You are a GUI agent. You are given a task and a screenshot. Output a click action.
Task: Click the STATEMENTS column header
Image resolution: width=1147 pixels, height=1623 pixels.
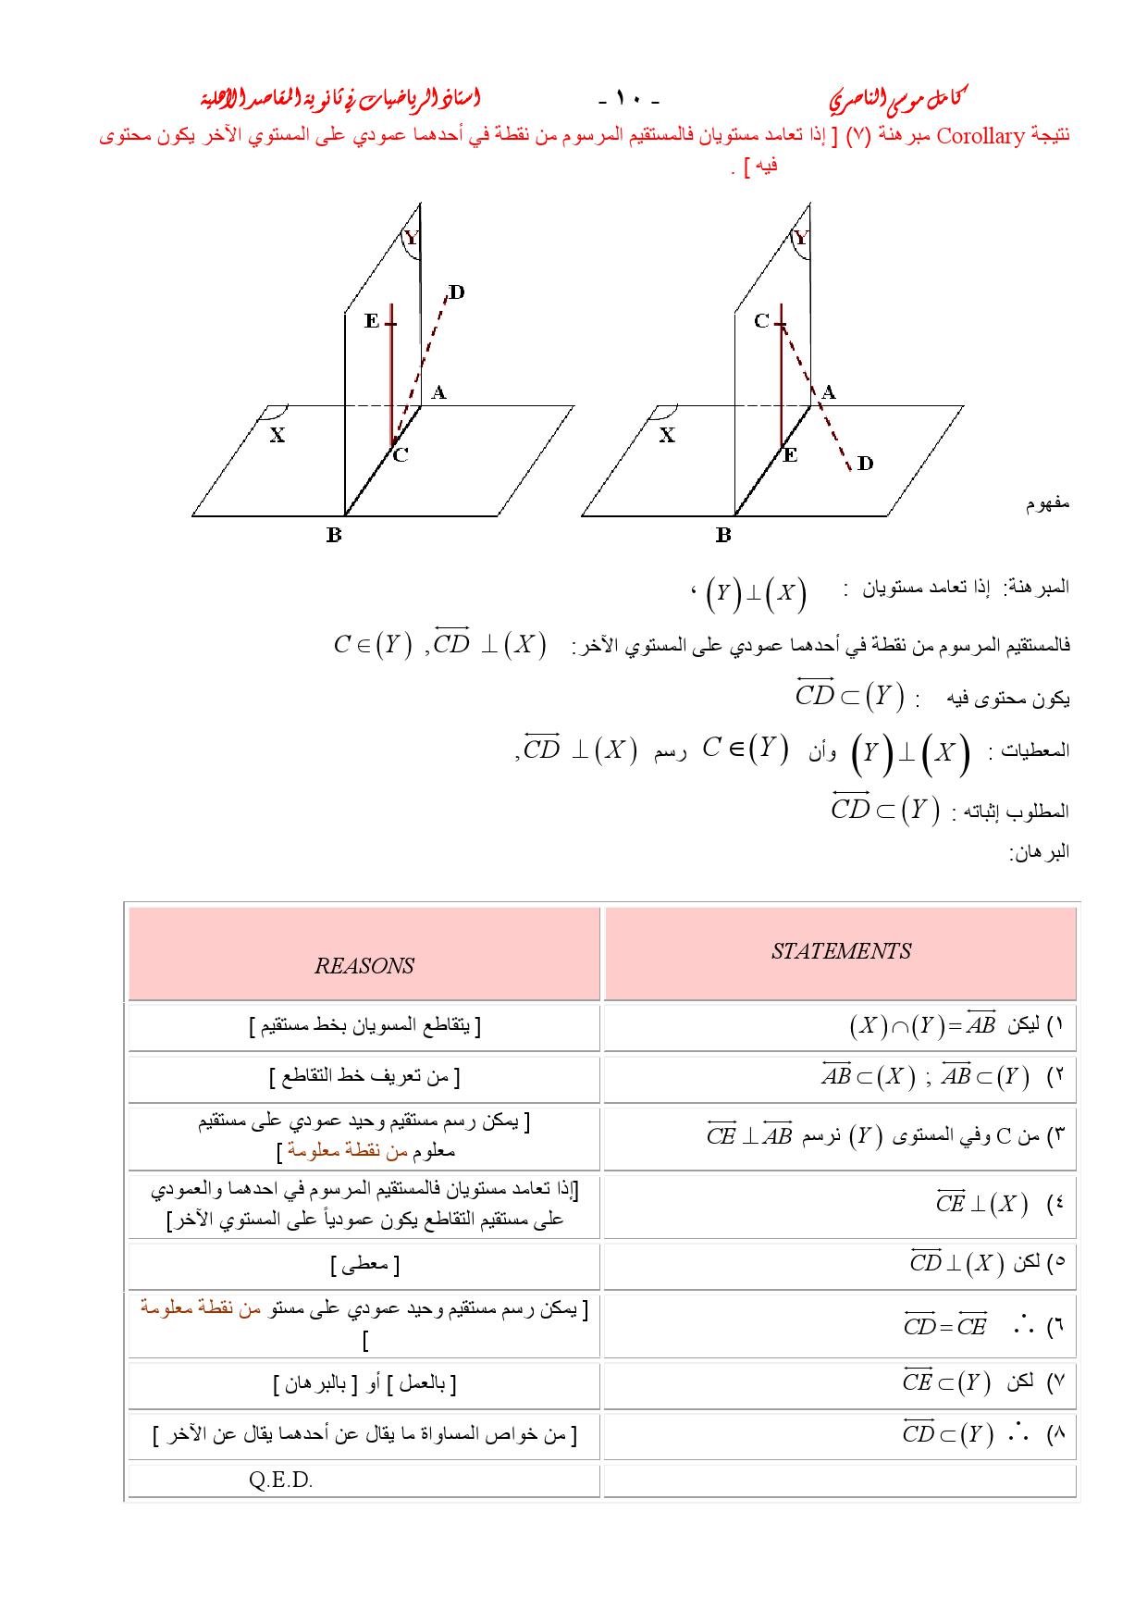(x=841, y=951)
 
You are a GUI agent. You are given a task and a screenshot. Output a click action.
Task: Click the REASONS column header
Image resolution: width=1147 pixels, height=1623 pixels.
(x=364, y=966)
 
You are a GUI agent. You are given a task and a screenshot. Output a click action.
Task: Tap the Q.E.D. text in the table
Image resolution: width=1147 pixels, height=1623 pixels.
(x=281, y=1481)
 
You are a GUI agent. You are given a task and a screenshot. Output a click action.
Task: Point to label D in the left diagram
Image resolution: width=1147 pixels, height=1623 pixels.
(x=456, y=293)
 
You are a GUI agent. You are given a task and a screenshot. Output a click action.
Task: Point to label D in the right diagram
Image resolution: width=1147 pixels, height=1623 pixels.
(x=865, y=463)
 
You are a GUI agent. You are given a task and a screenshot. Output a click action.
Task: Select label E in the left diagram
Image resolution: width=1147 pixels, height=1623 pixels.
(x=372, y=321)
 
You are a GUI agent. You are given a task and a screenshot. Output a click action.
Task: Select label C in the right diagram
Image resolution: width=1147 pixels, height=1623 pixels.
(x=761, y=321)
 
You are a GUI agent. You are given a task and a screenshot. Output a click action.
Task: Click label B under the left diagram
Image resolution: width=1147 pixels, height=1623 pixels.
(x=334, y=535)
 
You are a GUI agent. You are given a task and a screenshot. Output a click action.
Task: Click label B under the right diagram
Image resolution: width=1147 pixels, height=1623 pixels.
(x=723, y=535)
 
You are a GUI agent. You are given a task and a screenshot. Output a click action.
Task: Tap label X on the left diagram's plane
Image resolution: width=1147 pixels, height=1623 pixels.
(x=277, y=434)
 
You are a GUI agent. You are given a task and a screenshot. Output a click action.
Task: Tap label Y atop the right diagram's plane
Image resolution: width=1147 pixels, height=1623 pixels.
(x=801, y=239)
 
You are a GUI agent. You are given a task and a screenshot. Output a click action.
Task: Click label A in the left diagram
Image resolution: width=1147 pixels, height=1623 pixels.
(x=439, y=392)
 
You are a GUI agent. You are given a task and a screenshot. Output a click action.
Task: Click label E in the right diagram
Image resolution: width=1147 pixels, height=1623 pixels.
(x=790, y=455)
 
